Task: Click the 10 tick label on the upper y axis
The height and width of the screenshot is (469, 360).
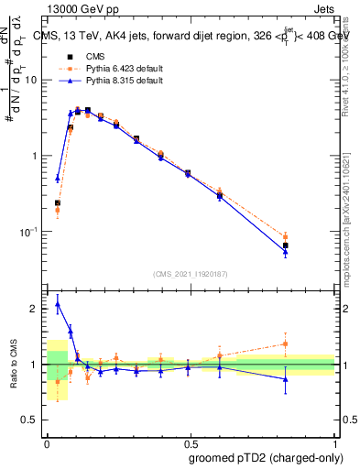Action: pyautogui.click(x=31, y=80)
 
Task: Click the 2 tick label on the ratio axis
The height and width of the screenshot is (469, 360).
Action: pyautogui.click(x=35, y=309)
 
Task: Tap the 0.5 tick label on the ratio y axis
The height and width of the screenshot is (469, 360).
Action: pyautogui.click(x=31, y=421)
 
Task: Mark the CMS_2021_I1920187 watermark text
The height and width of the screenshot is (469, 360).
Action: pyautogui.click(x=190, y=273)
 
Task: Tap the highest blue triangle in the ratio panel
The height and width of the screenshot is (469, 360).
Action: pyautogui.click(x=58, y=304)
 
